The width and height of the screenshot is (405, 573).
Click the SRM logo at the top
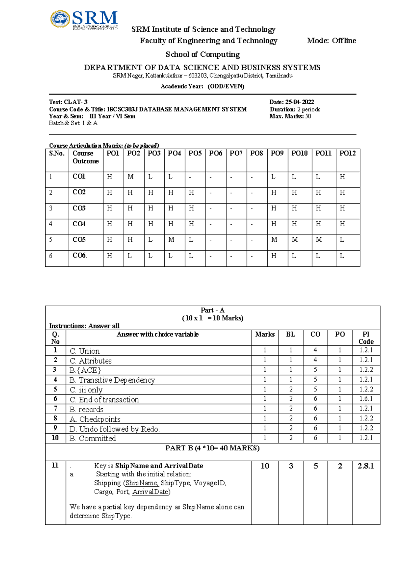84,19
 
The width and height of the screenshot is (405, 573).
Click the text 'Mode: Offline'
331,41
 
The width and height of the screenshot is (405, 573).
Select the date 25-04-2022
299,102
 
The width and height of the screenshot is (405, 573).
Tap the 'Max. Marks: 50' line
290,116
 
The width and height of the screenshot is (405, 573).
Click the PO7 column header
236,153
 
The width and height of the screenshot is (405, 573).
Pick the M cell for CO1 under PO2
131,177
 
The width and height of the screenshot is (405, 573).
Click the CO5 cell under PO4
171,240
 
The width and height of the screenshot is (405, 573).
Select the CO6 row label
80,256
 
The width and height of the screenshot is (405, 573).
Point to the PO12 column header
347,153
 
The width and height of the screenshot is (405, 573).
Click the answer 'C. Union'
85,351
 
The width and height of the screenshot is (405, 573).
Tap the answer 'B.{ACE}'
85,370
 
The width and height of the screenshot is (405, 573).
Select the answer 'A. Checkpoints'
95,419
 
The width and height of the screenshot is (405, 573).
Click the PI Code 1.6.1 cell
366,399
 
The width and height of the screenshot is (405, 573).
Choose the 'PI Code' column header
366,338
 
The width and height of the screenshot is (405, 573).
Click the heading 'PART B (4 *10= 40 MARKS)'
212,448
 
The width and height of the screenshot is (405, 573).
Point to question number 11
55,465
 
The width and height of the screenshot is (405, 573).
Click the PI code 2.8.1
366,466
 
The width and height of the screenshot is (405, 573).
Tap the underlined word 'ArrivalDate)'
151,492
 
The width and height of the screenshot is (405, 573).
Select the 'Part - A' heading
212,310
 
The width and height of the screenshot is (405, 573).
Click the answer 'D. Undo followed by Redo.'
114,429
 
